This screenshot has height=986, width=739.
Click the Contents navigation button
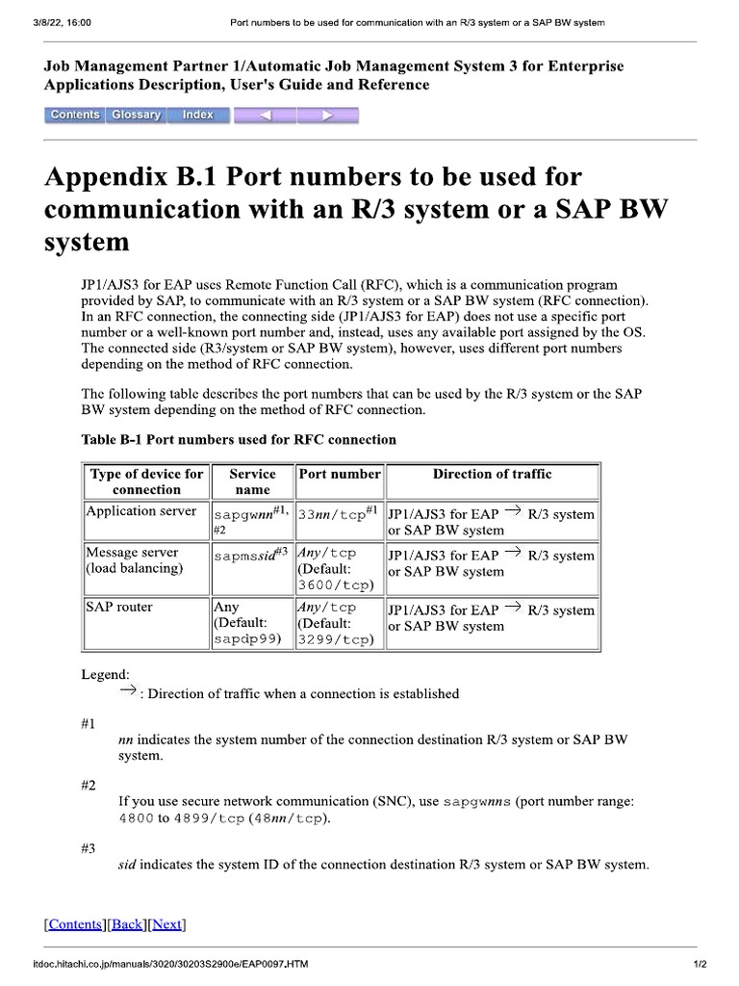point(74,116)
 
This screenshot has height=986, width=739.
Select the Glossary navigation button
point(136,116)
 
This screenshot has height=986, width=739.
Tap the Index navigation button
point(198,116)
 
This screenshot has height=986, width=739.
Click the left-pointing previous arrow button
point(265,116)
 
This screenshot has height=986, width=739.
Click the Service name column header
point(252,481)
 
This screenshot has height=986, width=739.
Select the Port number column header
point(340,474)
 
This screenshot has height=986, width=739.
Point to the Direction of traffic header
point(492,474)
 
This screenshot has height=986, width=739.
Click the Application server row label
point(141,511)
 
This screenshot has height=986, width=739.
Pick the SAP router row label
point(119,608)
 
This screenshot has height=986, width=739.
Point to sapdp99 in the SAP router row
point(247,638)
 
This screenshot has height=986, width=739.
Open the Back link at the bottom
point(127,924)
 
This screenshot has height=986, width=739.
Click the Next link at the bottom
point(166,924)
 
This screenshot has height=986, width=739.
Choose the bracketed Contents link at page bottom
point(75,924)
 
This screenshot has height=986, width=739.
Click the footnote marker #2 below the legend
point(89,785)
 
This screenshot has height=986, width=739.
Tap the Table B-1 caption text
point(239,439)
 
